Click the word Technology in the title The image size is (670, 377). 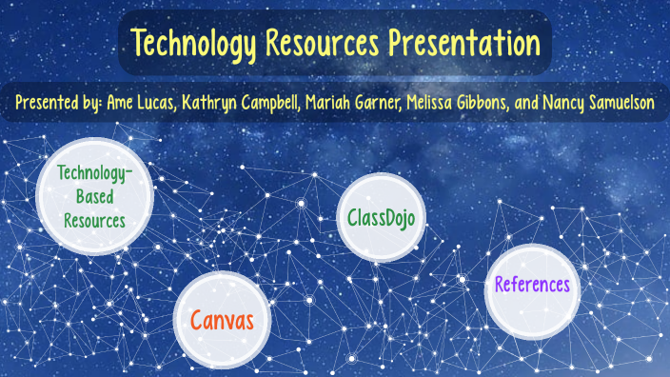click(x=193, y=43)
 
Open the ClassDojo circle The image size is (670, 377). click(x=381, y=217)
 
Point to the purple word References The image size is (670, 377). click(x=532, y=284)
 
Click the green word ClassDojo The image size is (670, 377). click(x=381, y=217)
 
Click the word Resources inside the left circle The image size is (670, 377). click(x=95, y=220)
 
